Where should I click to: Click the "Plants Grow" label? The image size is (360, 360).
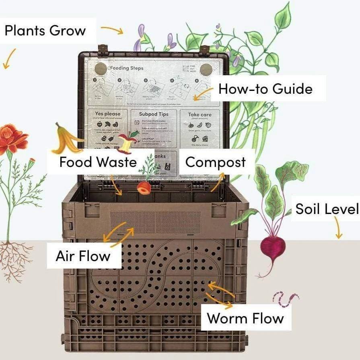point(45,31)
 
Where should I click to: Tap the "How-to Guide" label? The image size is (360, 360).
point(265,88)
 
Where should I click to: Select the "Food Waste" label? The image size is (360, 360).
point(98,163)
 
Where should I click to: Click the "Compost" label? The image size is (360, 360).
point(215,162)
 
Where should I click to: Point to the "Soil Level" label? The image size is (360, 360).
point(327,209)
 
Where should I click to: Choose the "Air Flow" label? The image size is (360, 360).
point(83,256)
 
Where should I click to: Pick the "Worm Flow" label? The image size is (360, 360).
point(245,319)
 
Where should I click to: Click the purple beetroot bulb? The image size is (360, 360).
point(273,247)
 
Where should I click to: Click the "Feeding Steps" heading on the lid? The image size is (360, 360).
point(127,68)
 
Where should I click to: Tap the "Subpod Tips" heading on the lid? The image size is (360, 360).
point(154,114)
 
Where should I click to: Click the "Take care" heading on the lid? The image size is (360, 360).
point(200,115)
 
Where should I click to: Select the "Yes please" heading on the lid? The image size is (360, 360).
point(107,114)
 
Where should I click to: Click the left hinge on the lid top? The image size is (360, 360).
point(103,49)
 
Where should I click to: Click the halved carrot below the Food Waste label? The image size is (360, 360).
point(144,187)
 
